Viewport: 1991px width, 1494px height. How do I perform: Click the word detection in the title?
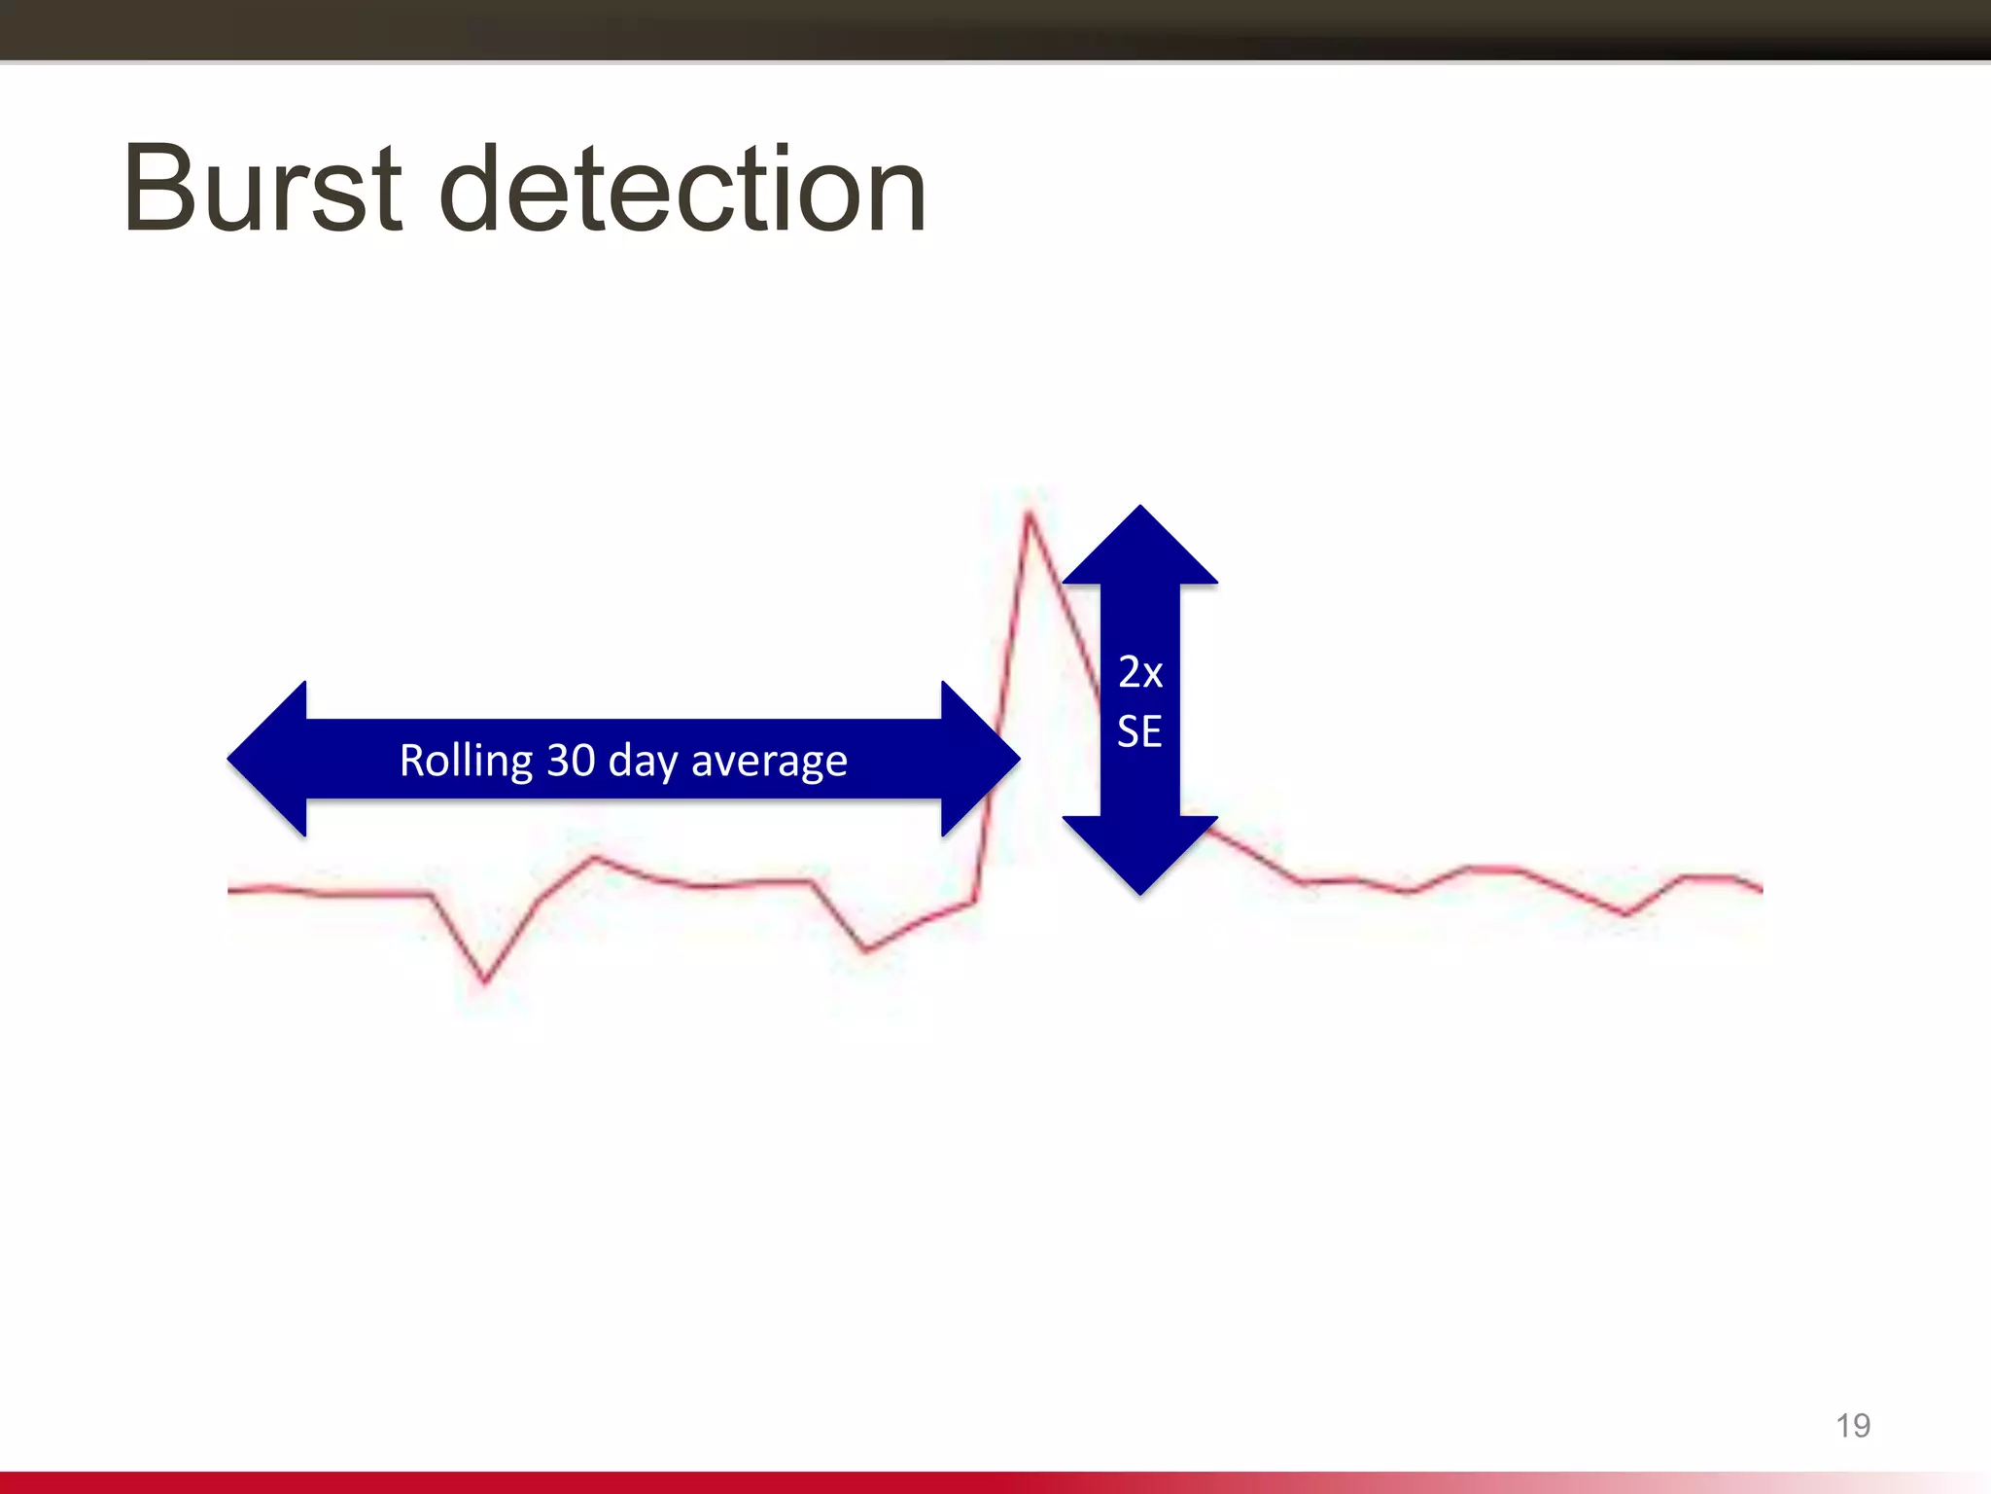tap(682, 189)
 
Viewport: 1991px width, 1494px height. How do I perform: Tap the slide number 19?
tap(1852, 1426)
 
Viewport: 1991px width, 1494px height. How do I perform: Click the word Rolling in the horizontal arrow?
tap(467, 761)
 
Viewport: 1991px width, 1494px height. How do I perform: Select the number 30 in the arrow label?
tap(571, 760)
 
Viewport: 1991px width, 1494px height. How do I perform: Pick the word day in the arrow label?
tap(642, 762)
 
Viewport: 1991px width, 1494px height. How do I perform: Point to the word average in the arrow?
tap(769, 761)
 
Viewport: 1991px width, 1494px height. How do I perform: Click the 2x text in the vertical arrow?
tap(1140, 672)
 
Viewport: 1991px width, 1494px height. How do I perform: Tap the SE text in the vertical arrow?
tap(1139, 731)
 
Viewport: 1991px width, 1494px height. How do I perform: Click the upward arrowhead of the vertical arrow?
tap(1140, 547)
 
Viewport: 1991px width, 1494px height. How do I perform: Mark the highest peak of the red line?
tap(1029, 513)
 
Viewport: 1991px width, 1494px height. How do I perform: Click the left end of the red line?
tap(230, 889)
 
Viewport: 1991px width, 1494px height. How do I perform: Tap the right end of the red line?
tap(1760, 888)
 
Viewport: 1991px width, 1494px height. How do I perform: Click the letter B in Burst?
tap(159, 189)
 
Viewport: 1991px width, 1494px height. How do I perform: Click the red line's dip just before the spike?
tap(865, 950)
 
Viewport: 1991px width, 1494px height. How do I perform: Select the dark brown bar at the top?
tap(995, 29)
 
